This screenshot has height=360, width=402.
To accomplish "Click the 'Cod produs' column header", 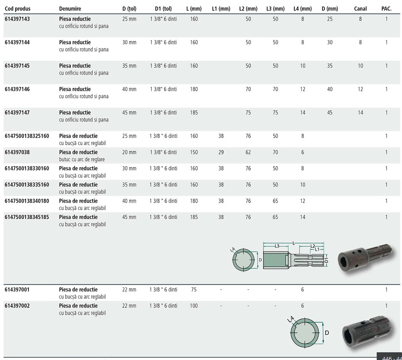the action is click(x=18, y=9).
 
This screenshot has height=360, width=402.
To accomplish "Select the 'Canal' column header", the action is click(x=360, y=9).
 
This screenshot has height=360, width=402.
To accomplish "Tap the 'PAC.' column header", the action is click(x=387, y=9).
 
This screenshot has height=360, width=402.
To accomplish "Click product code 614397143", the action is click(x=17, y=19).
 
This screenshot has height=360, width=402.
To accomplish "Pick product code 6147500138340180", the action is click(x=27, y=201).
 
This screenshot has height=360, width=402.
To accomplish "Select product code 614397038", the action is click(x=17, y=152).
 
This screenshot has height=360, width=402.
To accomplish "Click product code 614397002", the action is click(x=17, y=306).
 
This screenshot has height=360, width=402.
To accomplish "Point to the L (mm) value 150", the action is click(x=194, y=152).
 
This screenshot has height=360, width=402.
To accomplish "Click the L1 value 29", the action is click(x=221, y=152).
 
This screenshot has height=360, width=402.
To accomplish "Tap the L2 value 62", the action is click(x=248, y=152).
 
